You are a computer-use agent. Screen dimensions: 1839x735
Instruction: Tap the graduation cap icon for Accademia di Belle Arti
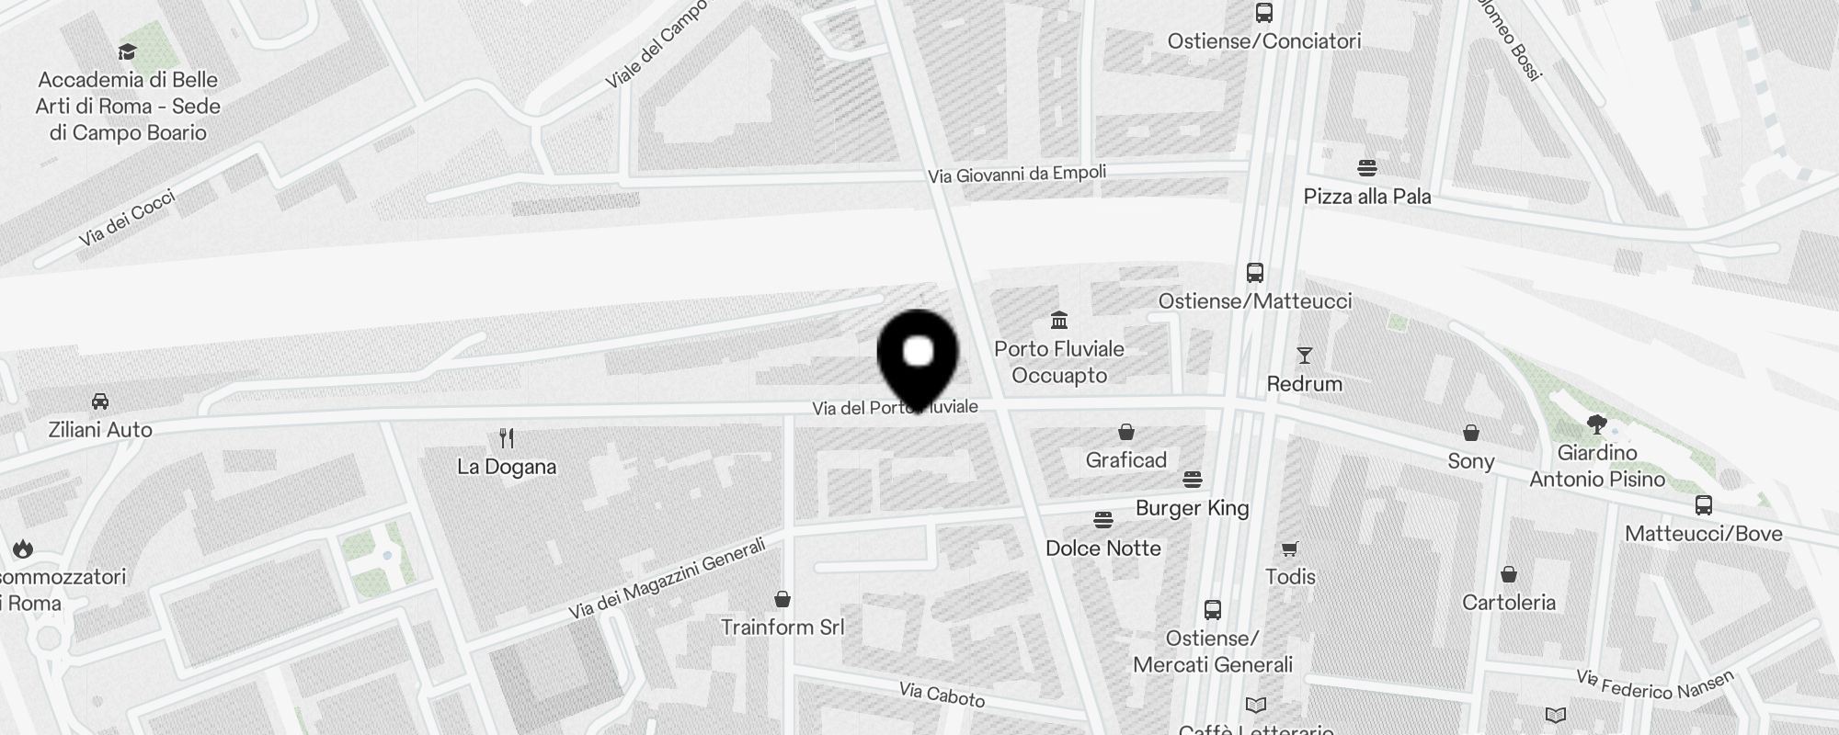click(128, 52)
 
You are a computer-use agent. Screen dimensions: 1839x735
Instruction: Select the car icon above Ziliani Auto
click(100, 401)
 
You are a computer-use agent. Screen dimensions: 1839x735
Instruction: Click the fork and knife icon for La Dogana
click(507, 438)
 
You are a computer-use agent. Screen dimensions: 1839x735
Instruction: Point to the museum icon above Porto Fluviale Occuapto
click(1059, 321)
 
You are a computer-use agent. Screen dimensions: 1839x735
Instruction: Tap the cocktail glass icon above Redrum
click(1304, 356)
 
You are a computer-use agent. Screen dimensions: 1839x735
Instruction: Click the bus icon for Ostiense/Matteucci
click(1255, 273)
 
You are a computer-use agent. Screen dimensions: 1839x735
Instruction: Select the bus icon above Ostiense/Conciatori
click(1264, 13)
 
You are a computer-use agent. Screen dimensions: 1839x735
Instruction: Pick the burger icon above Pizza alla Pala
click(1367, 168)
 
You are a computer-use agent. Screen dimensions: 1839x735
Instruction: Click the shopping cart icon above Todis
click(1290, 549)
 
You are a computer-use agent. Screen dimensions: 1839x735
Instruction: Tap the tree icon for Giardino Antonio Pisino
click(1597, 424)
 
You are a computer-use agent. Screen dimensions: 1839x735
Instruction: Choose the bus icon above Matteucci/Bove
click(1704, 505)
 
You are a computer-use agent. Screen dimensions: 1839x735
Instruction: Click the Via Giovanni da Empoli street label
click(1017, 174)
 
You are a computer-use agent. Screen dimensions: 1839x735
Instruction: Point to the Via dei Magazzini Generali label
click(667, 579)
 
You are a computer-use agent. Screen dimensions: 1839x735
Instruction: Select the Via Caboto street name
click(942, 695)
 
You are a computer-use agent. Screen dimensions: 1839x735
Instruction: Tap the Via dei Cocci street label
click(127, 219)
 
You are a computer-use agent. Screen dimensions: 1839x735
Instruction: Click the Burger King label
click(1193, 508)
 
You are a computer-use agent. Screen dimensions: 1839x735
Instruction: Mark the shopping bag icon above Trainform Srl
click(782, 600)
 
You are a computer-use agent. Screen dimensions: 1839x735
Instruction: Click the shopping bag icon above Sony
click(1471, 433)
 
